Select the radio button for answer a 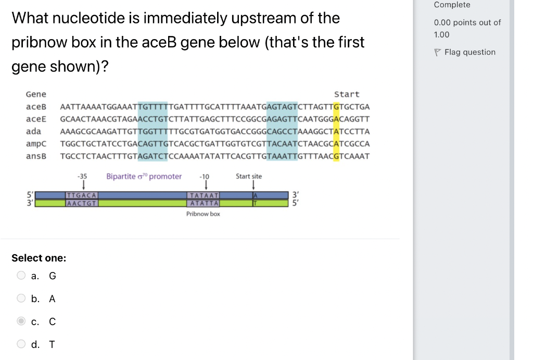point(21,276)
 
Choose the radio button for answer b point(21,299)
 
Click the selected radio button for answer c point(21,321)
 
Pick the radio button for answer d point(21,344)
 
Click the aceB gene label point(36,107)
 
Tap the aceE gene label point(36,119)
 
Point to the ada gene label point(33,131)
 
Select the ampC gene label point(36,144)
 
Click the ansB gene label point(36,156)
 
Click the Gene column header point(36,94)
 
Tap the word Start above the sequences point(347,94)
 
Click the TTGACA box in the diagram point(82,195)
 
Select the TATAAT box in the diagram point(204,195)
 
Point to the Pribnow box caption point(203,214)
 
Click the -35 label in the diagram point(82,177)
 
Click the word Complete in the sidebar point(452,5)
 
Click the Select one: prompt point(39,258)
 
